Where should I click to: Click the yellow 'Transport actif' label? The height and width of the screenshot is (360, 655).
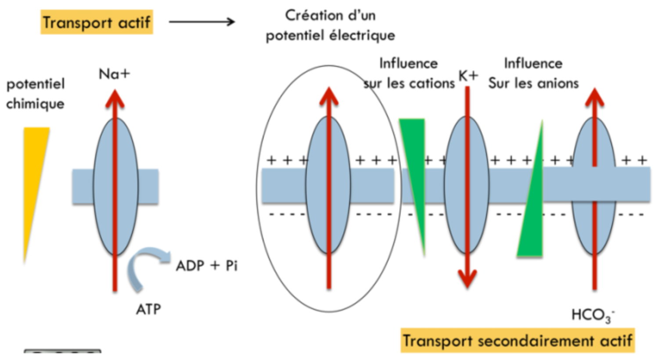tap(97, 22)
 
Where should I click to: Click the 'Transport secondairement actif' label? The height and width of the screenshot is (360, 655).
tap(518, 341)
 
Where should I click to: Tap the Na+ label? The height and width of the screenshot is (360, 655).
tap(114, 74)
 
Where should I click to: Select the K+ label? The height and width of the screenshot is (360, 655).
tap(468, 76)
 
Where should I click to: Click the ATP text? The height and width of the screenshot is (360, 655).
tap(148, 309)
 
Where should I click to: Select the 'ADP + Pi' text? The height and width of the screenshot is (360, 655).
tap(207, 266)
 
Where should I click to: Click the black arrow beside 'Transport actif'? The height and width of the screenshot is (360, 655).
tap(202, 22)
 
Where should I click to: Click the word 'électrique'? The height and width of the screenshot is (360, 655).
tap(362, 35)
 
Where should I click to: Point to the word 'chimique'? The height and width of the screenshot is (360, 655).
tap(35, 104)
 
